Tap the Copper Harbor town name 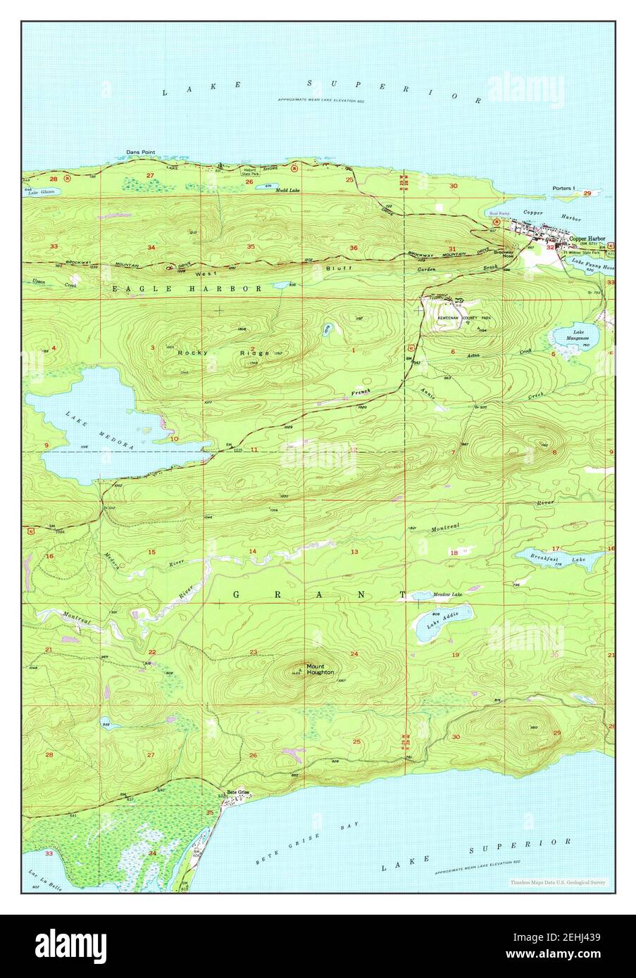click(x=587, y=239)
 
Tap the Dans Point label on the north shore click(x=140, y=151)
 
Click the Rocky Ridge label click(x=204, y=352)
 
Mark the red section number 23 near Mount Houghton click(x=252, y=652)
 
